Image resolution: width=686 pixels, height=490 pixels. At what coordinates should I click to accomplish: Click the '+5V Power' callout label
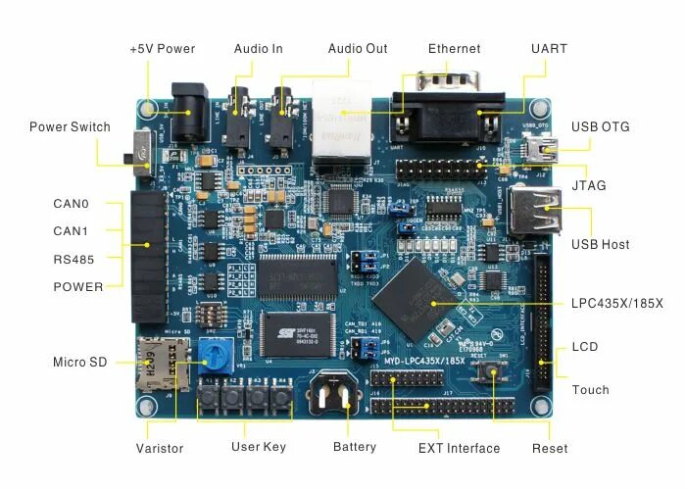(x=163, y=49)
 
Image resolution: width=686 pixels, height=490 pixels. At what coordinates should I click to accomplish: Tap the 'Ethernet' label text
(x=454, y=49)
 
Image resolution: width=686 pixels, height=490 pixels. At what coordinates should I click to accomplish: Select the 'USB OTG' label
(x=600, y=127)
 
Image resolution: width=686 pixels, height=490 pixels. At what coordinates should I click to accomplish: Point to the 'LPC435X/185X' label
(x=616, y=304)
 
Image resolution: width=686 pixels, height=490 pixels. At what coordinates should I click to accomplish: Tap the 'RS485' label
(x=73, y=260)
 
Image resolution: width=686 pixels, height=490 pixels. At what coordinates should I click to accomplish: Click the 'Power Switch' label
(x=70, y=127)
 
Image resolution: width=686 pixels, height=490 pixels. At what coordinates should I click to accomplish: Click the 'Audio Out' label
(x=358, y=49)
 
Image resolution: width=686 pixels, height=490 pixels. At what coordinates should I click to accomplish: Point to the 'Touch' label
(x=590, y=390)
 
